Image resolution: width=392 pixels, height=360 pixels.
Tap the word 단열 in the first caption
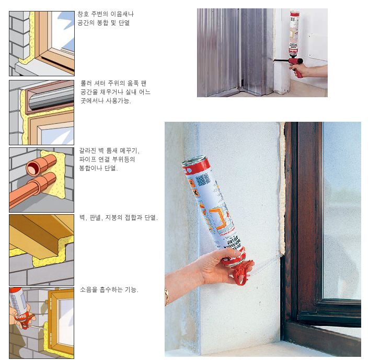tap(124, 23)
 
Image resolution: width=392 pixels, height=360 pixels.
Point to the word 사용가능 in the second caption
tap(118, 101)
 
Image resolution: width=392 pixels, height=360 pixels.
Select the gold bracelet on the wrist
tap(167, 297)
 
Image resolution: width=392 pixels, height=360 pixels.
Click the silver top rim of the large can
tap(193, 160)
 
